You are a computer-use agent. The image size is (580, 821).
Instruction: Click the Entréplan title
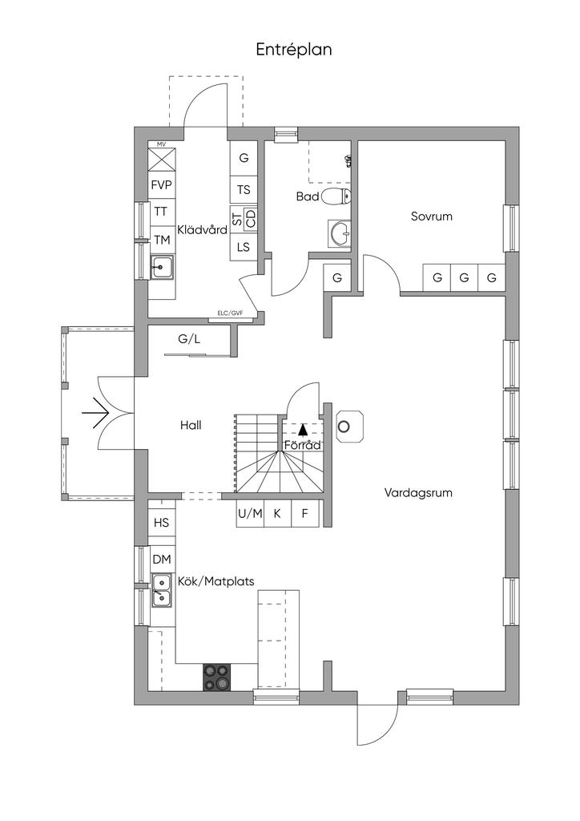coord(294,50)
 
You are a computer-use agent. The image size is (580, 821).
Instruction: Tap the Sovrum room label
coord(432,216)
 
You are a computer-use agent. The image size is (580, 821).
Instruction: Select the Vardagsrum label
coord(418,493)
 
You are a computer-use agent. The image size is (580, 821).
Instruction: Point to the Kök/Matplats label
coord(216,581)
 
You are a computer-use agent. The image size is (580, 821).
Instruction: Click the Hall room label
coord(191,425)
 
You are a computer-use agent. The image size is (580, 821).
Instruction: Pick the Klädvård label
coord(203,229)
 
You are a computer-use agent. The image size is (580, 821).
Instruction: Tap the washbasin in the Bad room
coord(340,233)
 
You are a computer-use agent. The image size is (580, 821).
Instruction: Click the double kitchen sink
coord(162,590)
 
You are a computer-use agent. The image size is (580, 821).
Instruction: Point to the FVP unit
coord(162,185)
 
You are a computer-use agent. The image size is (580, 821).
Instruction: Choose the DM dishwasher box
coord(162,560)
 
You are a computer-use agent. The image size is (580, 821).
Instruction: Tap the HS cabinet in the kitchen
coord(162,522)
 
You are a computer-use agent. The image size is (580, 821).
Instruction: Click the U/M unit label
coord(250,514)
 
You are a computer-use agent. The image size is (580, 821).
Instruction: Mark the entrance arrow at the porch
coord(95,414)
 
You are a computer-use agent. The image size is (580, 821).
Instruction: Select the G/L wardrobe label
coord(189,339)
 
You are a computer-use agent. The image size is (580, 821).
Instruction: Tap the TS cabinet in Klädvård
coord(244,189)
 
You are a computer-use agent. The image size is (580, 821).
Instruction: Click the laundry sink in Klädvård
coord(162,268)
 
